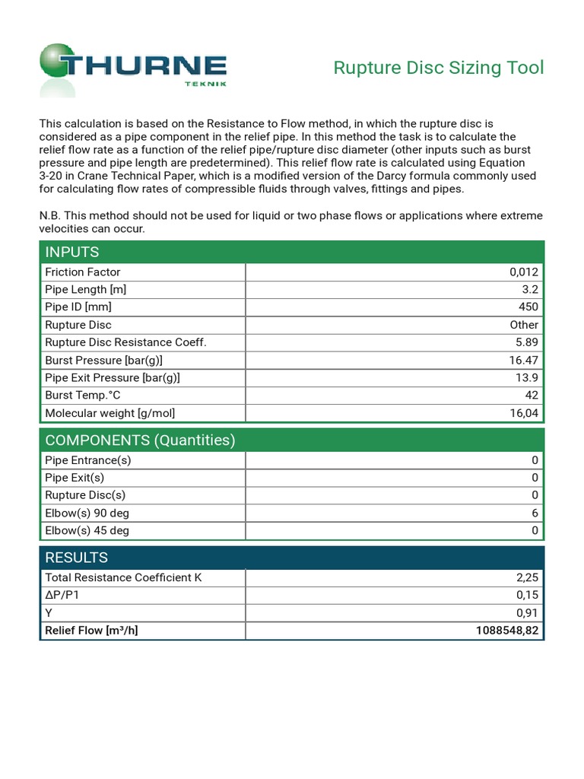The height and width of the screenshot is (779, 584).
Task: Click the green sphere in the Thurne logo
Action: point(59,62)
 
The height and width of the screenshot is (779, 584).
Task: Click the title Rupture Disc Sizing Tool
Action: point(439,68)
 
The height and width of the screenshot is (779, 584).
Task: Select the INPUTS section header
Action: point(72,252)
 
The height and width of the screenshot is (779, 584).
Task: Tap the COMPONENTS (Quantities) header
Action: point(140,440)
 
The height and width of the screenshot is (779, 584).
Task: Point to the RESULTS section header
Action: point(77,557)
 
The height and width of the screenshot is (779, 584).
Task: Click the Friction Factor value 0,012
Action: point(523,272)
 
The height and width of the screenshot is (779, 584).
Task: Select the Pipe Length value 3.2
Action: point(530,290)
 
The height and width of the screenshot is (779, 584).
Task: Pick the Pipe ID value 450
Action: point(528,307)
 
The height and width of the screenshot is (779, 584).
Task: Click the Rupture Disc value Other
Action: point(524,325)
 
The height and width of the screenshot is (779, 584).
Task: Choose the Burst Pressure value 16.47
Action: point(523,360)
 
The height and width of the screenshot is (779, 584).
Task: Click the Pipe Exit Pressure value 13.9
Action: point(526,377)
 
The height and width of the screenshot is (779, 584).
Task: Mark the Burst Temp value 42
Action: point(531,395)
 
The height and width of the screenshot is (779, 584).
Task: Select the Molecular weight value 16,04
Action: point(523,413)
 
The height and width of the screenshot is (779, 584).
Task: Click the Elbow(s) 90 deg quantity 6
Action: point(535,514)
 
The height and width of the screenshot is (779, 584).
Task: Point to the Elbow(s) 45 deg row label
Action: point(87,531)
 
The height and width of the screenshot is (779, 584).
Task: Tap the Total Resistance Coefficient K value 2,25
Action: point(526,577)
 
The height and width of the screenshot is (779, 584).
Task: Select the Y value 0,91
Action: point(526,613)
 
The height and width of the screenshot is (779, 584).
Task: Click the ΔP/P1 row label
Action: point(62,595)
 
